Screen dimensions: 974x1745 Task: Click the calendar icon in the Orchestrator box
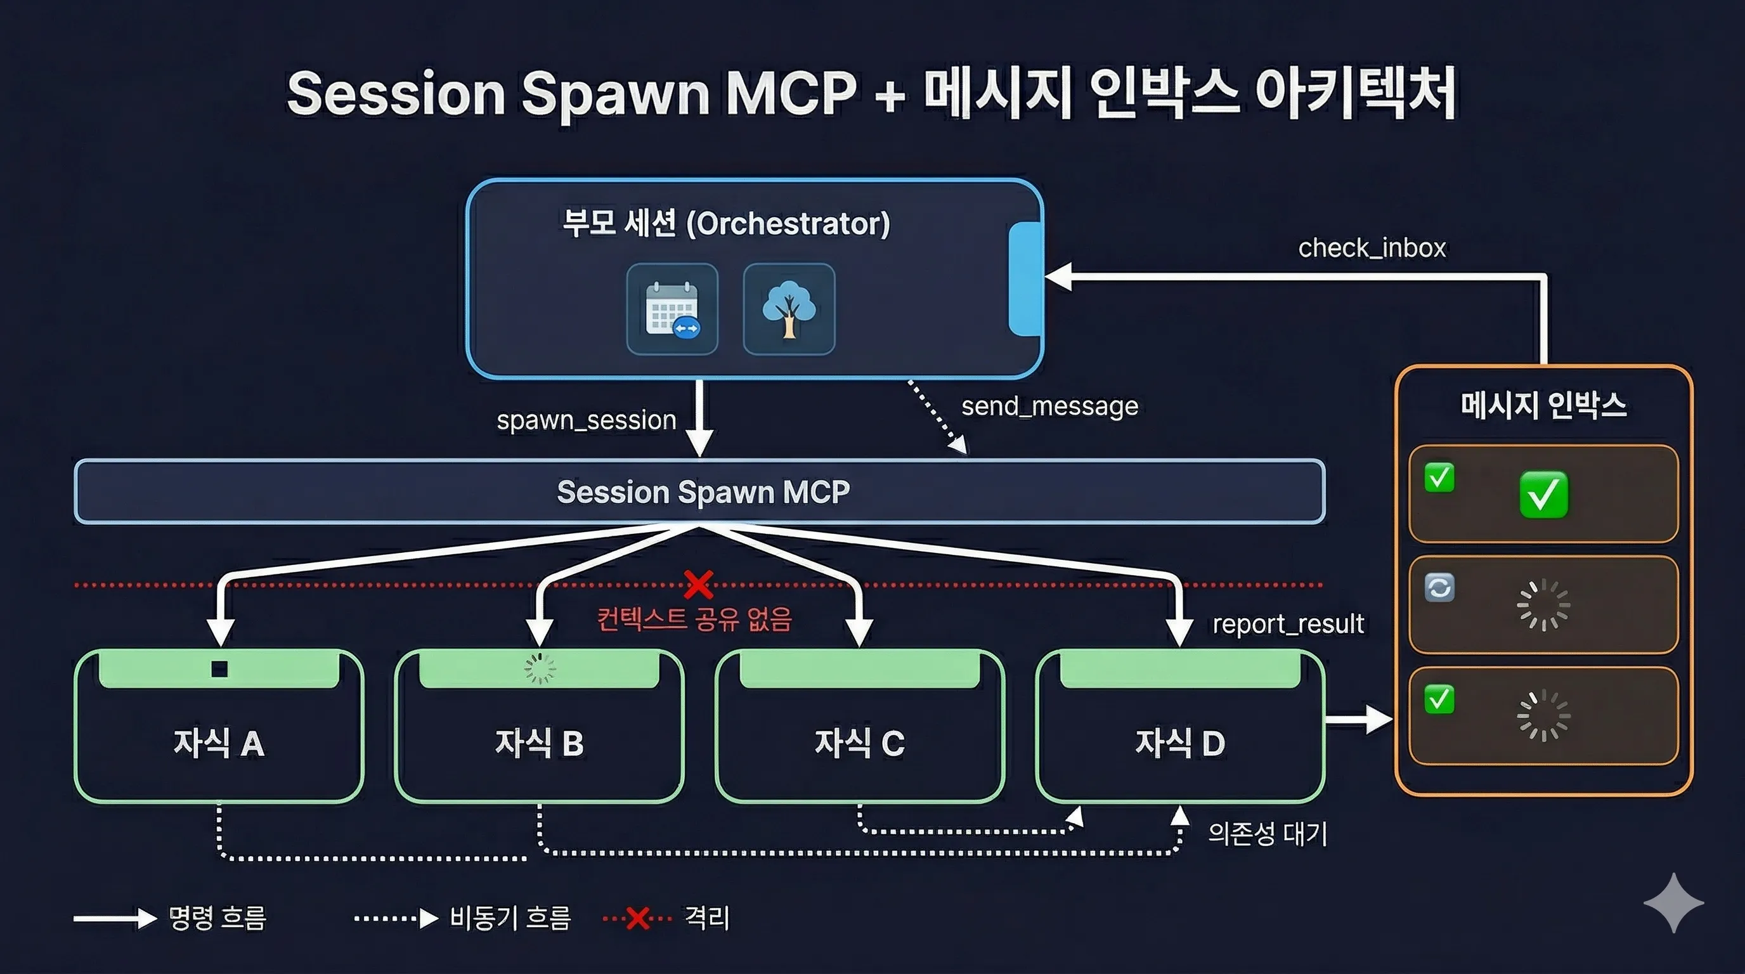[672, 309]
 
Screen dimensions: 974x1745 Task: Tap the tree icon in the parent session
[789, 309]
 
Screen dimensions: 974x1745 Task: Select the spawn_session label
[587, 420]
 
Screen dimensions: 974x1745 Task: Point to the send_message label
[1050, 406]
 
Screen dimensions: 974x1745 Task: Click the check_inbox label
[1372, 248]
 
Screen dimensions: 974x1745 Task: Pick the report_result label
[1288, 624]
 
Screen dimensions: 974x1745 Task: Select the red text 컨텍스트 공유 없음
[694, 619]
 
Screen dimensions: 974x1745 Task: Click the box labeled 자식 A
[219, 743]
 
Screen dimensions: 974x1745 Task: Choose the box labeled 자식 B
[539, 743]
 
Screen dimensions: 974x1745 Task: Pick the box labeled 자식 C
[860, 743]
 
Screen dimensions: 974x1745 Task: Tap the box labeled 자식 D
[1180, 743]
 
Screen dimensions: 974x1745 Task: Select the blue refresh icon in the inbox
[1439, 587]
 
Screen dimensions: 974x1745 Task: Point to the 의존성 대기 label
[1268, 834]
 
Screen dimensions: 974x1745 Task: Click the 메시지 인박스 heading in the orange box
[1544, 405]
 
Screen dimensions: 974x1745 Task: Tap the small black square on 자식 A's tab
[219, 669]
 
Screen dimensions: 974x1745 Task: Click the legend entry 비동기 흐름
[510, 918]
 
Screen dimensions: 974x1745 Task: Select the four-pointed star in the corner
[1674, 903]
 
